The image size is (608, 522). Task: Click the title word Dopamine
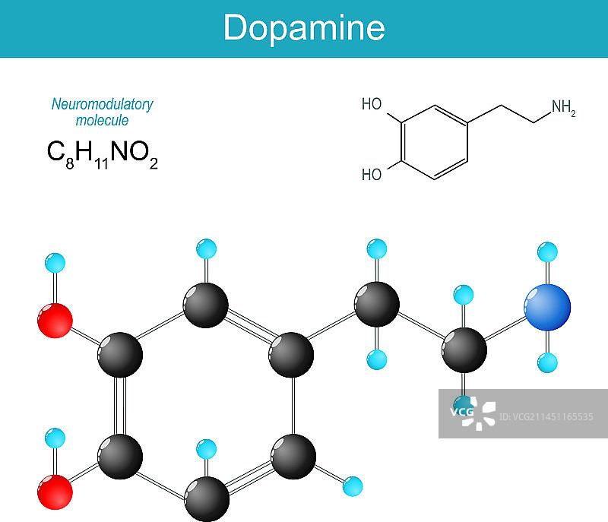[304, 28]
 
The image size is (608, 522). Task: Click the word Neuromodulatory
[103, 104]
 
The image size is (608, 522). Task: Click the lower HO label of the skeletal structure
[372, 175]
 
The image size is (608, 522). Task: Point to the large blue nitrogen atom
[547, 307]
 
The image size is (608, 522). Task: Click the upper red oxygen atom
[55, 320]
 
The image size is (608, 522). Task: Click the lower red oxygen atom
[55, 492]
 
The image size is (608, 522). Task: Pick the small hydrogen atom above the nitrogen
[547, 252]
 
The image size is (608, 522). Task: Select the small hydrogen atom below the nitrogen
[547, 362]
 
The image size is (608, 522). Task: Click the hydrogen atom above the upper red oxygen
[55, 264]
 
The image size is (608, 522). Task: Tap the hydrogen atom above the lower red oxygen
[55, 438]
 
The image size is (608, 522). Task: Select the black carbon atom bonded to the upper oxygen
[120, 353]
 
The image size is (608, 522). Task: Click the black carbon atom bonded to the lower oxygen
[120, 457]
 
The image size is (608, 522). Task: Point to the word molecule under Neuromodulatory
[103, 120]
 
